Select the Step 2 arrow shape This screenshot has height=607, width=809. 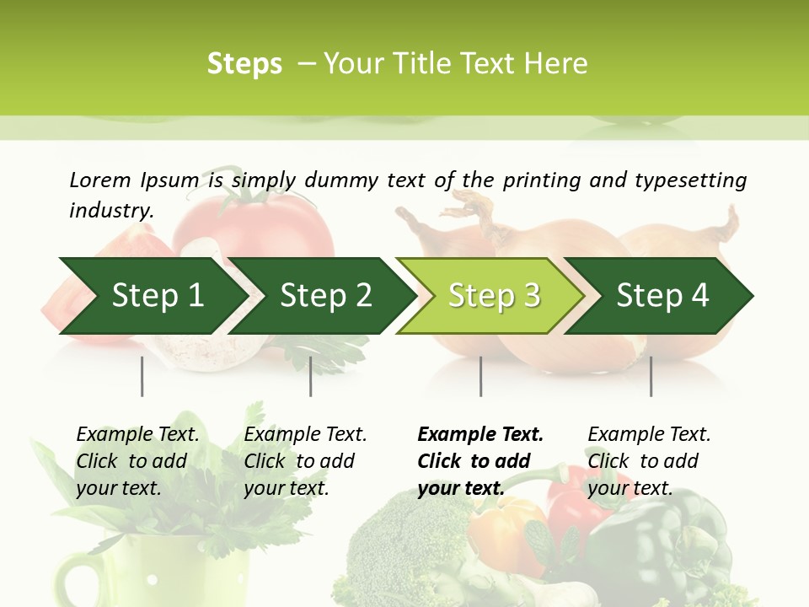click(324, 295)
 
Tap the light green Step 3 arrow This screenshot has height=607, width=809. click(493, 295)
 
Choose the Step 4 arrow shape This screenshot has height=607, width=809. click(662, 295)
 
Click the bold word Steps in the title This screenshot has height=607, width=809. click(244, 64)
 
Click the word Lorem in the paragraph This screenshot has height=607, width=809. click(100, 180)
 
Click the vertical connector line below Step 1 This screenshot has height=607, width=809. click(142, 376)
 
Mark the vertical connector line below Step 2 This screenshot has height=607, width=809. click(311, 376)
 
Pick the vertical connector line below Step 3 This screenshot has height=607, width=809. click(481, 376)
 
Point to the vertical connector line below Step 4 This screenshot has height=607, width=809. click(651, 376)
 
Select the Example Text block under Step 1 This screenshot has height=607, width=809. click(137, 461)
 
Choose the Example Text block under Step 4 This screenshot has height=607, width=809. click(649, 461)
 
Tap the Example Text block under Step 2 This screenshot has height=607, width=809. click(305, 461)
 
